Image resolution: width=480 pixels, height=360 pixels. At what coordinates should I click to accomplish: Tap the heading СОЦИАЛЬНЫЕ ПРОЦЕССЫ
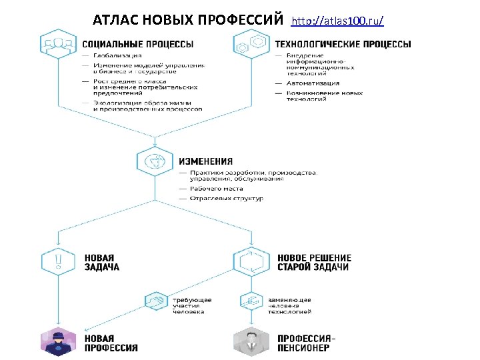(139, 45)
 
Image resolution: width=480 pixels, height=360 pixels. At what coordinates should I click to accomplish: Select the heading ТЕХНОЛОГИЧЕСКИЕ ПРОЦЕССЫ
(343, 45)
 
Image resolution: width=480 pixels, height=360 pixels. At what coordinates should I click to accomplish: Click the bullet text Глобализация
(117, 55)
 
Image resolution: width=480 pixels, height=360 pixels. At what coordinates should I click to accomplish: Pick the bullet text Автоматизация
(313, 83)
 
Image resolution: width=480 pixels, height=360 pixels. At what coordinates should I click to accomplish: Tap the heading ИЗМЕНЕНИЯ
(205, 161)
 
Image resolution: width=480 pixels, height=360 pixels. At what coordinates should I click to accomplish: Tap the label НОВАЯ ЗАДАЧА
(102, 263)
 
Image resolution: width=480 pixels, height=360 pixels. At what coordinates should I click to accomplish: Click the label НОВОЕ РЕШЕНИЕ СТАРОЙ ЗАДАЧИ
(313, 263)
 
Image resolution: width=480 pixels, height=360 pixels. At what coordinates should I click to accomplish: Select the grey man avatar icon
(251, 341)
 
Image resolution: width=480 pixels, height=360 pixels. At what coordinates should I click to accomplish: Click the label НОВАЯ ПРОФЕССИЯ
(111, 343)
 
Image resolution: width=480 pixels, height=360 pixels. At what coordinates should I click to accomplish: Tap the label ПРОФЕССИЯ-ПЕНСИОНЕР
(306, 343)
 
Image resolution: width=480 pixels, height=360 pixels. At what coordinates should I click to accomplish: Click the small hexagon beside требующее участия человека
(156, 302)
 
